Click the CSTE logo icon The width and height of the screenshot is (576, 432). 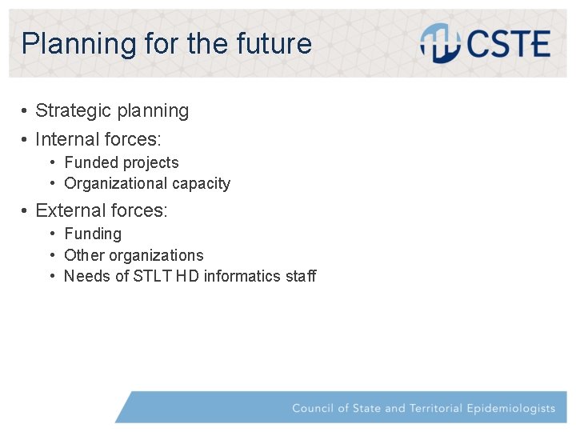(438, 42)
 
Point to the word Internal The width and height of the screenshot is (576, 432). (67, 140)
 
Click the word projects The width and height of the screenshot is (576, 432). (153, 163)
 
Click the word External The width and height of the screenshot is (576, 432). (70, 211)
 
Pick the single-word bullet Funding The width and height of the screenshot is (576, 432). (93, 234)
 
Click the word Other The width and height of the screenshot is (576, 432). (84, 255)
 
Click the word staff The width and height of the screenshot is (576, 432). (301, 277)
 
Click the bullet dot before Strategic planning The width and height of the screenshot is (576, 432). (26, 111)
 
